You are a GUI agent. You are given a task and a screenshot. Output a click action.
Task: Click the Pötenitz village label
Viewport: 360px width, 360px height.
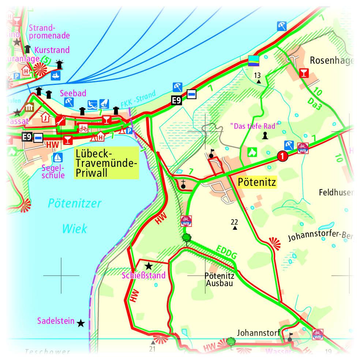[x=256, y=181]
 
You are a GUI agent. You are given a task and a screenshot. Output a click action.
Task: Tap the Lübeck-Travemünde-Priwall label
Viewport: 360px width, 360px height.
[x=106, y=163]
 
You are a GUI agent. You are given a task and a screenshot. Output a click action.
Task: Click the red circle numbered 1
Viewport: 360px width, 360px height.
[x=281, y=156]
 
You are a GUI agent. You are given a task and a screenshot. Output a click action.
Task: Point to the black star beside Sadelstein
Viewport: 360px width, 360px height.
[x=81, y=323]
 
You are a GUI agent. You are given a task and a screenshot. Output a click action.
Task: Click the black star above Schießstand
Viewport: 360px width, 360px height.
[x=149, y=266]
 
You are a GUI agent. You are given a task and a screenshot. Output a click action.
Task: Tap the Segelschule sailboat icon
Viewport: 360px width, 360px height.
[x=57, y=157]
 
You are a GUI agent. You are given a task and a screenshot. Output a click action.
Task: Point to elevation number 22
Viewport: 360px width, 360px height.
[x=235, y=222]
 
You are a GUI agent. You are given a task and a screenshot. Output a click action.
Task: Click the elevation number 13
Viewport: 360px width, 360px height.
[x=257, y=75]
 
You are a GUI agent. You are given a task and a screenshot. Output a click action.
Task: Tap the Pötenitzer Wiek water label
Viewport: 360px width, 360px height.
[x=75, y=216]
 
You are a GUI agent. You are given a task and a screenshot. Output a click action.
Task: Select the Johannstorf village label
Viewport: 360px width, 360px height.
[x=258, y=333]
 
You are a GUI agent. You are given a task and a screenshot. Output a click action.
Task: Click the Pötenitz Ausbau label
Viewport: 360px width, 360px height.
[x=220, y=280]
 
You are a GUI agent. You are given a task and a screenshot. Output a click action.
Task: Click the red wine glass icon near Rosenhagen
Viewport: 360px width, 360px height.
[x=303, y=72]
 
